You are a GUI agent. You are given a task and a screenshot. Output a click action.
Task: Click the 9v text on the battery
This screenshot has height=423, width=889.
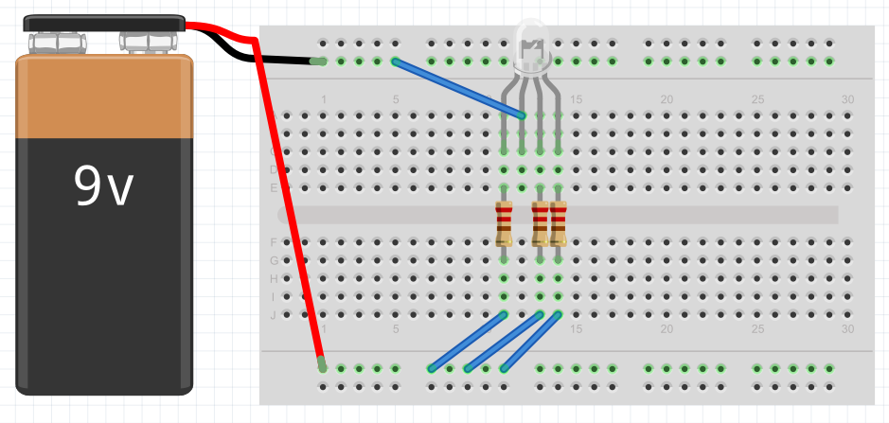[x=104, y=186]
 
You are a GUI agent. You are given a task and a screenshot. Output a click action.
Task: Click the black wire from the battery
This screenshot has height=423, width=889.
[x=275, y=60]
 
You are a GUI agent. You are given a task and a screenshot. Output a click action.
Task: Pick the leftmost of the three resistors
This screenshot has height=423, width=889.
[x=504, y=223]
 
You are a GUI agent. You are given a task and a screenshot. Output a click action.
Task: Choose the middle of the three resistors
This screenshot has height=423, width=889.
[x=540, y=223]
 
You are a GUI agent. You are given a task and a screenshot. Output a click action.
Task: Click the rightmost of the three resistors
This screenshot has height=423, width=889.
[x=558, y=223]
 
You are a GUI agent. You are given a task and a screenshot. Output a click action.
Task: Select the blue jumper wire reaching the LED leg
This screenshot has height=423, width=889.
[x=458, y=88]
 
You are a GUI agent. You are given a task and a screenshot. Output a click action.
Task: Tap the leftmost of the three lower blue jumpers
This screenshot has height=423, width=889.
[x=467, y=341]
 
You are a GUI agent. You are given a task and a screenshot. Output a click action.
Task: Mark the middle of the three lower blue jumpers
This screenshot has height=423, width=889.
[x=503, y=341]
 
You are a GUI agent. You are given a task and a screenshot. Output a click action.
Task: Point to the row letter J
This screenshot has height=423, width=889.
[x=274, y=315]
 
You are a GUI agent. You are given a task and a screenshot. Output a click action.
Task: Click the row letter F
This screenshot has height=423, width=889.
[x=274, y=242]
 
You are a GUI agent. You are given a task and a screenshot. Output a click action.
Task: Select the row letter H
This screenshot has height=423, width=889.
[x=274, y=279]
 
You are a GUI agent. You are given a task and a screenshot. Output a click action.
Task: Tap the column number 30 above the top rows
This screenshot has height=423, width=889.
[x=847, y=100]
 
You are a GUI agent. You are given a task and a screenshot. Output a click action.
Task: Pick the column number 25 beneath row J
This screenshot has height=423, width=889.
[x=757, y=329]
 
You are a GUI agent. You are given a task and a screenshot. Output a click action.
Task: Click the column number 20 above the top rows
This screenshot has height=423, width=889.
[x=667, y=100]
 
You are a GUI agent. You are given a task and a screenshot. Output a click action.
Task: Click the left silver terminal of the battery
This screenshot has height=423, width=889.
[x=58, y=43]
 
